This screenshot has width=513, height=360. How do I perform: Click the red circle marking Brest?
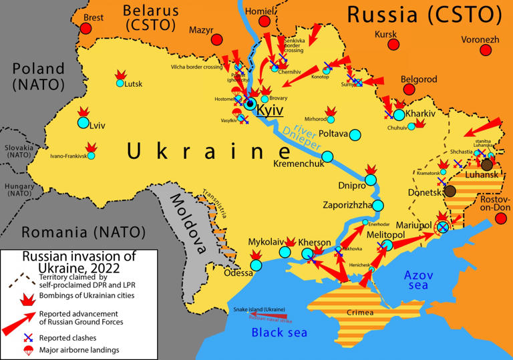85,28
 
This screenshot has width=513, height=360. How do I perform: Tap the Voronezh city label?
480,39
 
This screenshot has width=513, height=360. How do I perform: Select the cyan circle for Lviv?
83,123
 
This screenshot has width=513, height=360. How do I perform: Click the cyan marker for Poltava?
356,134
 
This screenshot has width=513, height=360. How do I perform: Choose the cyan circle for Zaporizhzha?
378,205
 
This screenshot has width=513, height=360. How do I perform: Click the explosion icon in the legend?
27,297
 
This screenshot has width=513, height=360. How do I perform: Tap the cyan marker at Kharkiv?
399,114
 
